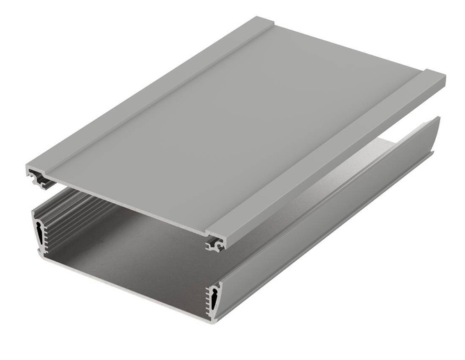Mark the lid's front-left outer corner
[x=28, y=169]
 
